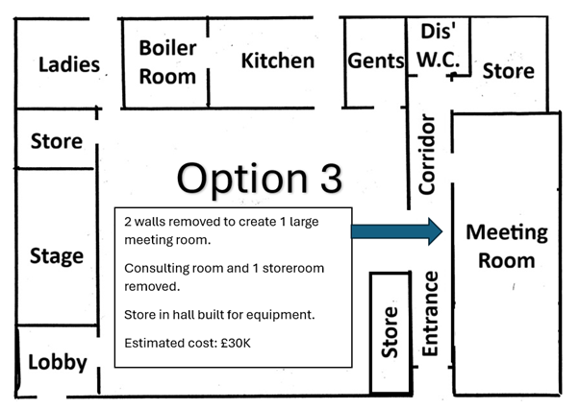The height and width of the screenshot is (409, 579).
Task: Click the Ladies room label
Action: (69, 64)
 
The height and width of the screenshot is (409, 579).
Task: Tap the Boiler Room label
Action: (167, 61)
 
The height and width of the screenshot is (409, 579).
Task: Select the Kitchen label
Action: (278, 60)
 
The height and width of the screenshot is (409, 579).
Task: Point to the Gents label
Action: (376, 60)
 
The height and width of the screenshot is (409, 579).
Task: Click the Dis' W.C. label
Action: (439, 45)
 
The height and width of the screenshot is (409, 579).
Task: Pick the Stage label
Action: (57, 256)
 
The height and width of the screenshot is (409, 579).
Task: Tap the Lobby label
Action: (58, 362)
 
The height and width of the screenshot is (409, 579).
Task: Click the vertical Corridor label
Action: (427, 154)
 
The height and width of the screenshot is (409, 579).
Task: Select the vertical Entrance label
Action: (430, 314)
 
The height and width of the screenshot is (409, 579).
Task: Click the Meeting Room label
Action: (507, 246)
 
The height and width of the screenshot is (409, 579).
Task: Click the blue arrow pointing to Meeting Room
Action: (397, 231)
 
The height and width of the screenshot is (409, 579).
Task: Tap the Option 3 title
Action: (260, 179)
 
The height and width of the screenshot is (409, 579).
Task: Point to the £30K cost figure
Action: (236, 343)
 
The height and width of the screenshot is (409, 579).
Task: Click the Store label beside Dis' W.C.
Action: (508, 71)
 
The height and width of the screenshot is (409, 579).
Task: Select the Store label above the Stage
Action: (57, 141)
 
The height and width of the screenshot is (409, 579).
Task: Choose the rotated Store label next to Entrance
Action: (390, 332)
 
